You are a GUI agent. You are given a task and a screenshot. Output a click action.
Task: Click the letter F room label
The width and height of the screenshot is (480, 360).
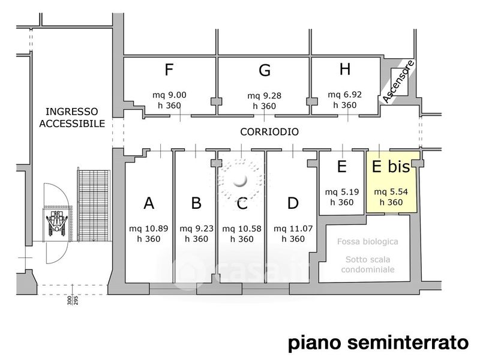tap(169, 70)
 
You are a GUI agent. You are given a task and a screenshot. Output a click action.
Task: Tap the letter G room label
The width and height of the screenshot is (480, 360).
tap(265, 70)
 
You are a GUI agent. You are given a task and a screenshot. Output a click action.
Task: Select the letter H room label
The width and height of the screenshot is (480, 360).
tap(345, 69)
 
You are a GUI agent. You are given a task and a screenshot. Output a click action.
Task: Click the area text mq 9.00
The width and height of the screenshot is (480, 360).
tap(169, 95)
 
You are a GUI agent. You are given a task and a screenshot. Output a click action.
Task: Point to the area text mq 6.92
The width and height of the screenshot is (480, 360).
tap(344, 95)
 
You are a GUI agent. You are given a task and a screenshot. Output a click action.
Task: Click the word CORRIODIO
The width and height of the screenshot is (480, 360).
tap(269, 132)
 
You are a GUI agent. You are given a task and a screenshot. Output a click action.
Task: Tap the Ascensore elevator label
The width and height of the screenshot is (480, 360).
tap(398, 82)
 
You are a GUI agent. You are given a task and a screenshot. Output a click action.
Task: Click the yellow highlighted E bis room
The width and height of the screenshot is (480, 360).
tap(392, 182)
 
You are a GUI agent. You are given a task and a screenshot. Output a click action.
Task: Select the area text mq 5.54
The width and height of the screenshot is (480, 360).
tap(391, 192)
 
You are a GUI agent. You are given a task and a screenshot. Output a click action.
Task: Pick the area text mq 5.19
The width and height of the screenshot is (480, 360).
tap(342, 192)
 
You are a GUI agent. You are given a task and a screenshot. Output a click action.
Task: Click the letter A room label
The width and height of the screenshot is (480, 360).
tap(149, 203)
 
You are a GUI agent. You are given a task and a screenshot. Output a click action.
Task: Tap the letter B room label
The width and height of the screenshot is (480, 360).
tap(196, 203)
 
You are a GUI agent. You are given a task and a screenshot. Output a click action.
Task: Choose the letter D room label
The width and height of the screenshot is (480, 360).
tap(293, 203)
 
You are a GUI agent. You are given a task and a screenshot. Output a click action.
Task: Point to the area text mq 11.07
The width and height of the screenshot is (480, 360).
tap(293, 229)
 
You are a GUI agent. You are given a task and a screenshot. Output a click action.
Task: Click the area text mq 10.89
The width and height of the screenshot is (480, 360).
tap(148, 229)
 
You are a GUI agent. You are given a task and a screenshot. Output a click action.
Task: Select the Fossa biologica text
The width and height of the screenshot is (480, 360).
tap(368, 242)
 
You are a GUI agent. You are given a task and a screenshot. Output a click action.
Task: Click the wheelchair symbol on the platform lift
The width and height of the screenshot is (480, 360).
tap(56, 223)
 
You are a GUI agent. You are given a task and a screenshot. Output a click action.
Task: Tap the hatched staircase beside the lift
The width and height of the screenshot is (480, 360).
tap(94, 206)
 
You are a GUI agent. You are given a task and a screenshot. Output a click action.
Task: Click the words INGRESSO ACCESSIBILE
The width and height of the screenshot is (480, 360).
tap(72, 118)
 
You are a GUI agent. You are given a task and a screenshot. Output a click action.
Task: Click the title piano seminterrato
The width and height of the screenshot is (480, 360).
tap(379, 343)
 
